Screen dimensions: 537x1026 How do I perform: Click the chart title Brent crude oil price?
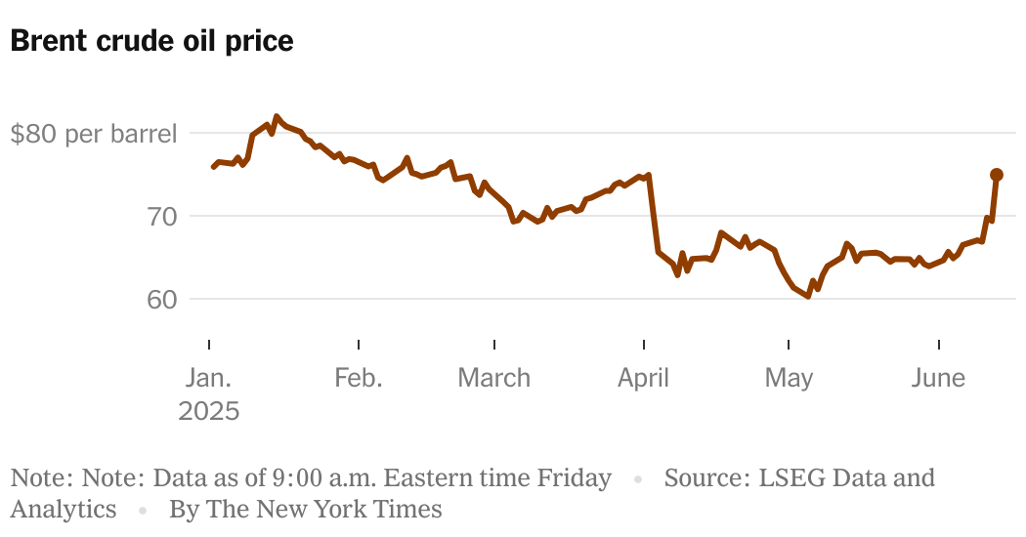[x=151, y=41]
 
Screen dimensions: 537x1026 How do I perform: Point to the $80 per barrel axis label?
[x=94, y=134]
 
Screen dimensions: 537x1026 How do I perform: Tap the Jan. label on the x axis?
[x=209, y=378]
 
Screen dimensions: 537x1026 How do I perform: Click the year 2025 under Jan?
[x=209, y=411]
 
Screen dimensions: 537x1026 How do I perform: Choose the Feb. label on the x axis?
[x=359, y=378]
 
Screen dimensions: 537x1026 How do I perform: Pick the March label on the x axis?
[x=494, y=378]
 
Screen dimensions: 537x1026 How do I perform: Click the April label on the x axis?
[x=644, y=378]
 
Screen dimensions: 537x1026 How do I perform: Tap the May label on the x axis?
[x=789, y=378]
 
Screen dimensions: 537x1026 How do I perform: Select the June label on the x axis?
[x=938, y=378]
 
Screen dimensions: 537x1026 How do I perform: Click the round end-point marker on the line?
[x=997, y=175]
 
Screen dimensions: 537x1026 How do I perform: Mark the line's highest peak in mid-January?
[x=277, y=116]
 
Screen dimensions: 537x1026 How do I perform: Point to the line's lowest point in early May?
[x=807, y=297]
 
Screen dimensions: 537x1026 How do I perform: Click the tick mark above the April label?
[x=644, y=345]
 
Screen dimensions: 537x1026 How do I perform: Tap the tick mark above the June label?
[x=938, y=345]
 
